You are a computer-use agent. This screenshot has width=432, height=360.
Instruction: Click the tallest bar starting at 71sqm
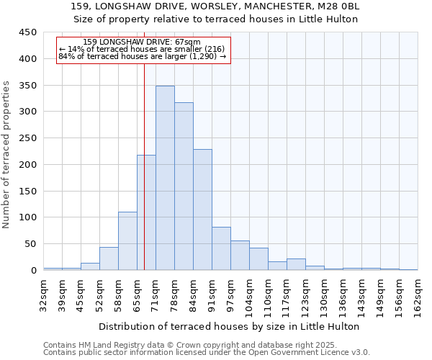coord(165,178)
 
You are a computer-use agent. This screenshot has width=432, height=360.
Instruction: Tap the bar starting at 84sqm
coord(202,210)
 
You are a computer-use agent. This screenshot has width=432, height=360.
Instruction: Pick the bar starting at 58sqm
coord(127,240)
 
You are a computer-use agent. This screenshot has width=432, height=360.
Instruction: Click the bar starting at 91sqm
coord(221,248)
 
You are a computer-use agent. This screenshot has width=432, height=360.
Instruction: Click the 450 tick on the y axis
coord(28,32)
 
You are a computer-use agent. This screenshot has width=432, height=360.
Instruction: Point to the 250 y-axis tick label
coord(28,138)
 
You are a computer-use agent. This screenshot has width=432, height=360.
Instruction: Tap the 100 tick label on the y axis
coord(28,217)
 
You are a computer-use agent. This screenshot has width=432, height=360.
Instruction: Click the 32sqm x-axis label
coord(44,293)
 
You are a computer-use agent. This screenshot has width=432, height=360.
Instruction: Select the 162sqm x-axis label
coord(418,293)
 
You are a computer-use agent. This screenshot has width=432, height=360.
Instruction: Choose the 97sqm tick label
coord(231,293)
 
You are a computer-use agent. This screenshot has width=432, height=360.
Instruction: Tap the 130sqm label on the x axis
coord(325,293)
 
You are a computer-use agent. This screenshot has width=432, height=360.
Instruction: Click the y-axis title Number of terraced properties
coord(6,154)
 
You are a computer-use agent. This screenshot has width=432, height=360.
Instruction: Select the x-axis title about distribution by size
coord(229,326)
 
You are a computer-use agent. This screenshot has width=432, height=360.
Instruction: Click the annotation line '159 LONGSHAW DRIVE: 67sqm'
coord(142,42)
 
